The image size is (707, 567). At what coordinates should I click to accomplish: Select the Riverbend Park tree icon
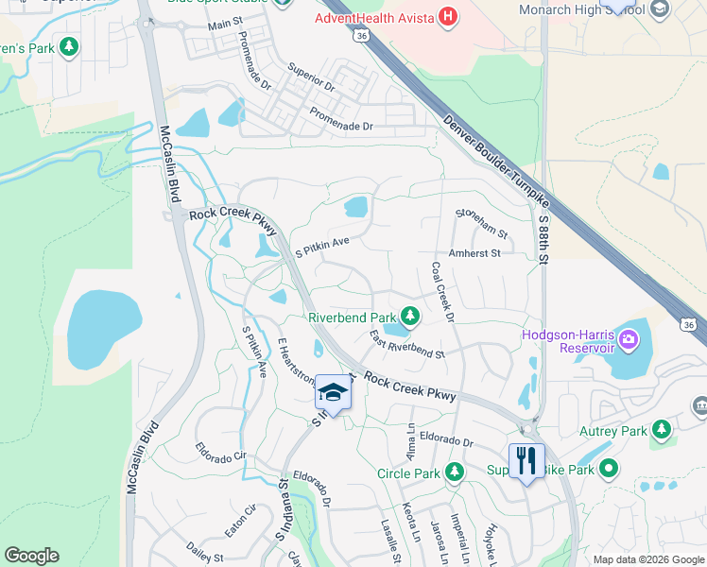(x=409, y=316)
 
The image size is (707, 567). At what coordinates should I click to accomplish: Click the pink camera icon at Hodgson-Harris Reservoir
(x=627, y=338)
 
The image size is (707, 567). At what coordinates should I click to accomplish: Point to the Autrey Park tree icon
(x=662, y=430)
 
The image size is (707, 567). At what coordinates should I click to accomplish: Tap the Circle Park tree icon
(x=455, y=471)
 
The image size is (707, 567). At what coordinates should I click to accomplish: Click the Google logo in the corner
(x=31, y=556)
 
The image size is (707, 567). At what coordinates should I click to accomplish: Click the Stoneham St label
(x=481, y=224)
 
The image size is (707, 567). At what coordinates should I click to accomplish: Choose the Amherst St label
(x=480, y=253)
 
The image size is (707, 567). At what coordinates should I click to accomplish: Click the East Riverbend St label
(x=406, y=345)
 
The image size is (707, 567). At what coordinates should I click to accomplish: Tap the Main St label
(x=225, y=22)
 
